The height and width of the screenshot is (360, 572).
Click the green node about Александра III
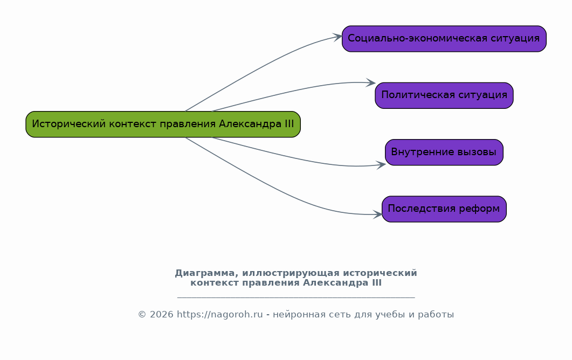[163, 124]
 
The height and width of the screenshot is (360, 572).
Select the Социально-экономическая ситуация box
[444, 39]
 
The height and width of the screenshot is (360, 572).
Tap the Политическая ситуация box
[444, 95]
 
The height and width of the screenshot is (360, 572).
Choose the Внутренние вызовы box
[444, 152]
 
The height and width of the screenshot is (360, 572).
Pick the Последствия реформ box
[444, 209]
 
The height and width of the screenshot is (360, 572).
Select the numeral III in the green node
[289, 124]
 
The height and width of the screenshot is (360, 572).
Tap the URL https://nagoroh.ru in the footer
[219, 314]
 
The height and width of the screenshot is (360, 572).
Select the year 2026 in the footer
[161, 314]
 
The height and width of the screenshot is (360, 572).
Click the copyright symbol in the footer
[142, 314]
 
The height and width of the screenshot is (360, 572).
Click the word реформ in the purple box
[479, 209]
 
